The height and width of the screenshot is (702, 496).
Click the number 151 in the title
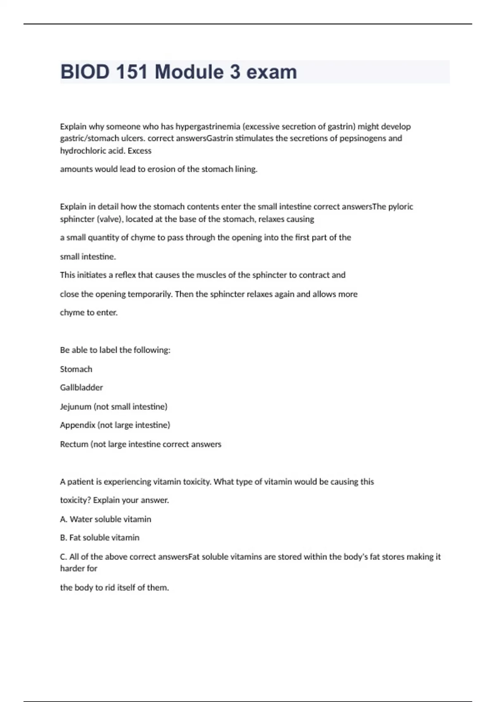point(131,72)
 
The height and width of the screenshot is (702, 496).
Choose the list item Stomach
point(76,369)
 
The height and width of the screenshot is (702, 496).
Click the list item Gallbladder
point(81,387)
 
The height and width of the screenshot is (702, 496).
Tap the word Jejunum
point(76,407)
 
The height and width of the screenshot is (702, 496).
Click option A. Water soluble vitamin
point(106,519)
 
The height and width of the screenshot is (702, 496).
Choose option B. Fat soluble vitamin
point(100,538)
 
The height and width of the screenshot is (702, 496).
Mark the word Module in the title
point(189,72)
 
